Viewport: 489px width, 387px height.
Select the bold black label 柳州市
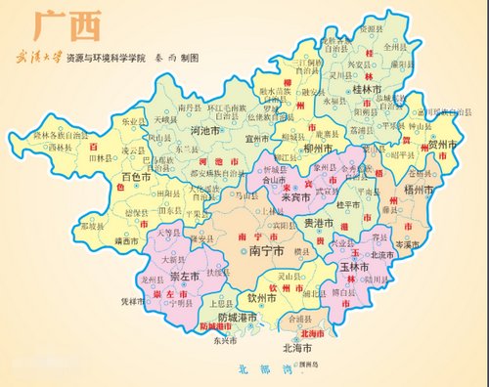(x=322, y=148)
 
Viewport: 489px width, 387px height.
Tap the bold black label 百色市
(x=139, y=178)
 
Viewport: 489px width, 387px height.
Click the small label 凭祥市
(x=133, y=302)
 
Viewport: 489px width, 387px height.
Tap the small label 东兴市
(x=225, y=341)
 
